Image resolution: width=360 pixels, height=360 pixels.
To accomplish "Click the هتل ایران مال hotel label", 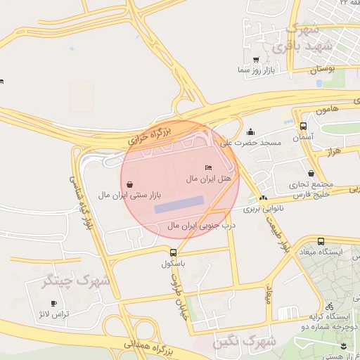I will point(208,179).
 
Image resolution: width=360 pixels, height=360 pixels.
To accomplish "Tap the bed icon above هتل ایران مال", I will point(207,168).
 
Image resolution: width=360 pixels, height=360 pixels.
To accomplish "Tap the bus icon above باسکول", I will point(174,252).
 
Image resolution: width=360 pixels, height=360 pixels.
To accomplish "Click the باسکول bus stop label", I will point(172,264).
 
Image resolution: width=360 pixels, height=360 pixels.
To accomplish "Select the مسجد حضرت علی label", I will point(251,143).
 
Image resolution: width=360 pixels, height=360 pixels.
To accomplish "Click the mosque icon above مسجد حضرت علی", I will point(251,131).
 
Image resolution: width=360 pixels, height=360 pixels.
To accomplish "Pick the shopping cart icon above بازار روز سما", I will point(255,60).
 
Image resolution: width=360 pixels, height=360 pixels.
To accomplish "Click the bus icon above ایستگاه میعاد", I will point(321,240).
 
